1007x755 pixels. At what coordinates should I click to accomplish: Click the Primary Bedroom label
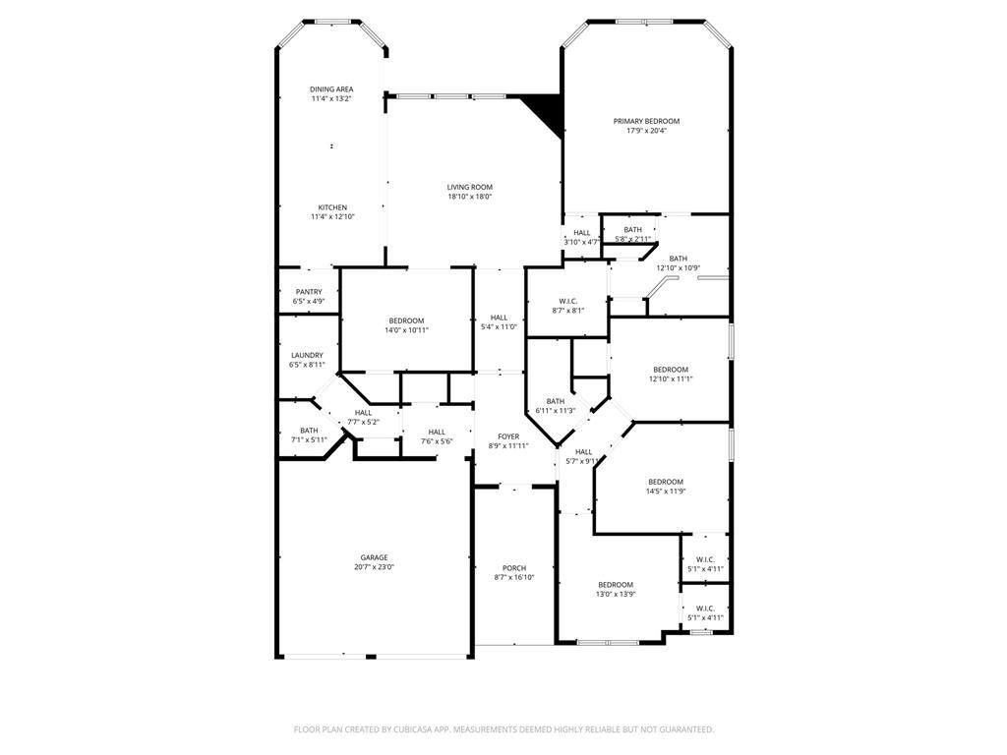click(646, 121)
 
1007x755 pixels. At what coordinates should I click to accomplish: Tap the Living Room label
click(470, 188)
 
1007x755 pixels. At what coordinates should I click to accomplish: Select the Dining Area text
click(331, 89)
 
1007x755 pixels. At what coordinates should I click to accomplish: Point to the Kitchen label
click(332, 207)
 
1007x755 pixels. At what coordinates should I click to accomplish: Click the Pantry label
click(309, 292)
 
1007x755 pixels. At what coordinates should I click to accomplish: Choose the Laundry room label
click(307, 356)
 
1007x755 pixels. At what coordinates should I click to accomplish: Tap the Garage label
click(374, 558)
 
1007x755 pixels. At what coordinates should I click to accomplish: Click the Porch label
click(514, 568)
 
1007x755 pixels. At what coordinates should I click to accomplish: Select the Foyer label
click(508, 436)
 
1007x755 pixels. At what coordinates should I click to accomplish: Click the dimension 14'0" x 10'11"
click(406, 330)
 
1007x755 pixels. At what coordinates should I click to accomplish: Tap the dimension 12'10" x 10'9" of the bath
click(679, 268)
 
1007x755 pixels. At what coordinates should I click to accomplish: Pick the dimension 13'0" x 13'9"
click(616, 595)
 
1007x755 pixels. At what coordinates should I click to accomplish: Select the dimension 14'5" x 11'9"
click(666, 492)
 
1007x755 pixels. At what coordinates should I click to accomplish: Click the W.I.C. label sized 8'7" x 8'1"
click(568, 301)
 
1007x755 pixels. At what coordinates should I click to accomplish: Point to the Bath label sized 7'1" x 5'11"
click(309, 431)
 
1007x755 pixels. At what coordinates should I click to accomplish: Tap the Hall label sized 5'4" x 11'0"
click(499, 318)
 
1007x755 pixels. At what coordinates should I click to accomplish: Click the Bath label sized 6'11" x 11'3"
click(556, 401)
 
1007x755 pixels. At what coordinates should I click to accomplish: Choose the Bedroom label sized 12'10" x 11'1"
click(671, 370)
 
